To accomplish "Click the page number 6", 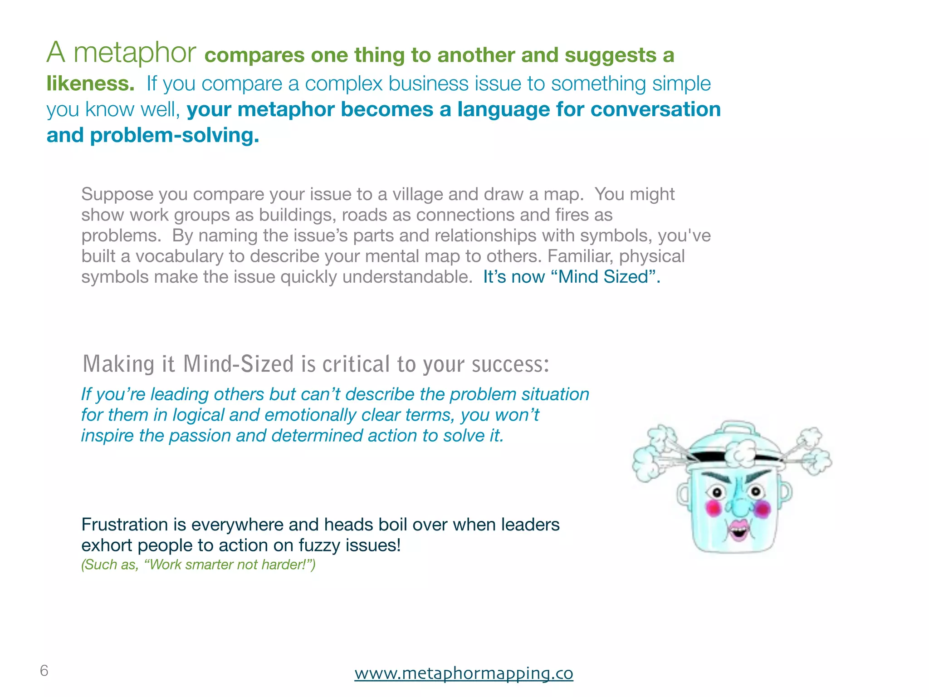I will tap(44, 670).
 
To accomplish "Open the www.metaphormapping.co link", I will tap(464, 673).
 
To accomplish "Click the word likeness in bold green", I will tap(90, 83).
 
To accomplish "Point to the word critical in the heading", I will tap(356, 364).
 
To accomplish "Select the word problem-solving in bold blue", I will tap(175, 135).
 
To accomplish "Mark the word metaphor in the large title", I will tap(135, 53).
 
